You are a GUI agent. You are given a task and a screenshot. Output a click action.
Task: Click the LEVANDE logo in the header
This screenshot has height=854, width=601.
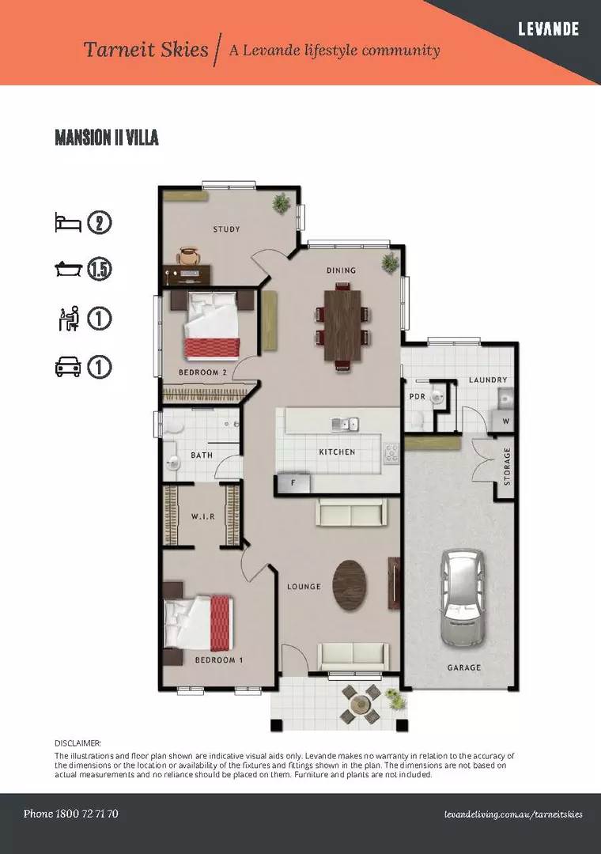tap(548, 29)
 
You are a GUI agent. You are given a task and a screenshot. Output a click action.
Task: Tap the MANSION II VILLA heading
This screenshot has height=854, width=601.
tap(107, 138)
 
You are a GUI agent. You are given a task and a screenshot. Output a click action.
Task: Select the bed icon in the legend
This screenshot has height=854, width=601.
tap(68, 222)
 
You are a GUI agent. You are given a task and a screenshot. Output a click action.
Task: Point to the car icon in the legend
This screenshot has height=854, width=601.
tap(68, 367)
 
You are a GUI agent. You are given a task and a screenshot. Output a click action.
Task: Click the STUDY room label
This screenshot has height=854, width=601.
tap(226, 230)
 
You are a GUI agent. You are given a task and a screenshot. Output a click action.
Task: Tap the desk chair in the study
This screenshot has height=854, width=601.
tap(188, 255)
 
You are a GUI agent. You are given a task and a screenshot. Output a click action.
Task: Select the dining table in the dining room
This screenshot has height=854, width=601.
tap(342, 324)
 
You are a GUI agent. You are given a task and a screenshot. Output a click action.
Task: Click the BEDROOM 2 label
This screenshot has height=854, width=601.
tap(202, 372)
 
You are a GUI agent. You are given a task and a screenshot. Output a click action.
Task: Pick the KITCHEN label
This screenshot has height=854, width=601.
tap(337, 452)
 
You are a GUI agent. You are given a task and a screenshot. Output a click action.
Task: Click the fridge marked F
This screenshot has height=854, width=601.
tap(293, 482)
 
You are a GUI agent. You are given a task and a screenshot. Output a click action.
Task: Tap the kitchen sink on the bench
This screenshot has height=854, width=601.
tap(345, 425)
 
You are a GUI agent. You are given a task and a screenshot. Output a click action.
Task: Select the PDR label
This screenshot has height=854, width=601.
tap(417, 397)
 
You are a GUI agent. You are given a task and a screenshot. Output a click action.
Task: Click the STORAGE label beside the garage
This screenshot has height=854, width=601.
tap(507, 467)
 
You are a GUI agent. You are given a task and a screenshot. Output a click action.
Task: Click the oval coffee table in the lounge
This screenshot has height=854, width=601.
tap(351, 585)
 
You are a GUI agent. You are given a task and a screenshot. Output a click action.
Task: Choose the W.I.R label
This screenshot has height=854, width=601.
tap(202, 516)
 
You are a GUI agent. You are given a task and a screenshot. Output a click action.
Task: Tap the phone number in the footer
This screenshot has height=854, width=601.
tap(71, 814)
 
